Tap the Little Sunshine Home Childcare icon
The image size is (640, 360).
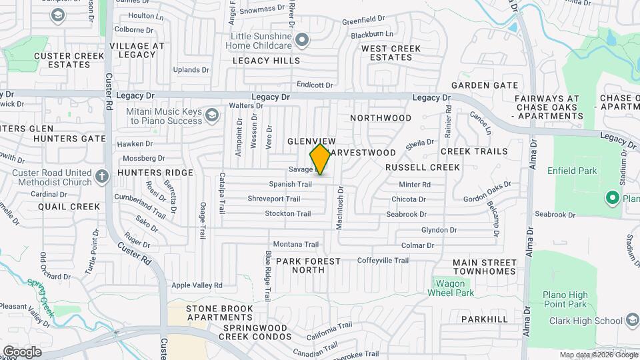(x=302, y=40)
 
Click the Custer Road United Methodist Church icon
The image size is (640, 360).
(x=101, y=177)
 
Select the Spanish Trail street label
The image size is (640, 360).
(x=290, y=184)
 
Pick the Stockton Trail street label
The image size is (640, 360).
(x=288, y=213)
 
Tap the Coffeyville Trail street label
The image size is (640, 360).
(x=383, y=260)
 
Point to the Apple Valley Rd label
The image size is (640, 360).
(x=197, y=285)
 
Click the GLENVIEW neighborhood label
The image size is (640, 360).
(x=311, y=141)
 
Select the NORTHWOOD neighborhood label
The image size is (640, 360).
(x=381, y=118)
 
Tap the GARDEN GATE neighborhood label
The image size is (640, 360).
(x=485, y=85)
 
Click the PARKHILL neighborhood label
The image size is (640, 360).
(x=485, y=319)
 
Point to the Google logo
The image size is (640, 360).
(x=22, y=351)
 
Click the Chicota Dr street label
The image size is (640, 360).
(x=409, y=199)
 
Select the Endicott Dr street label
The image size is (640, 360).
(x=315, y=85)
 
